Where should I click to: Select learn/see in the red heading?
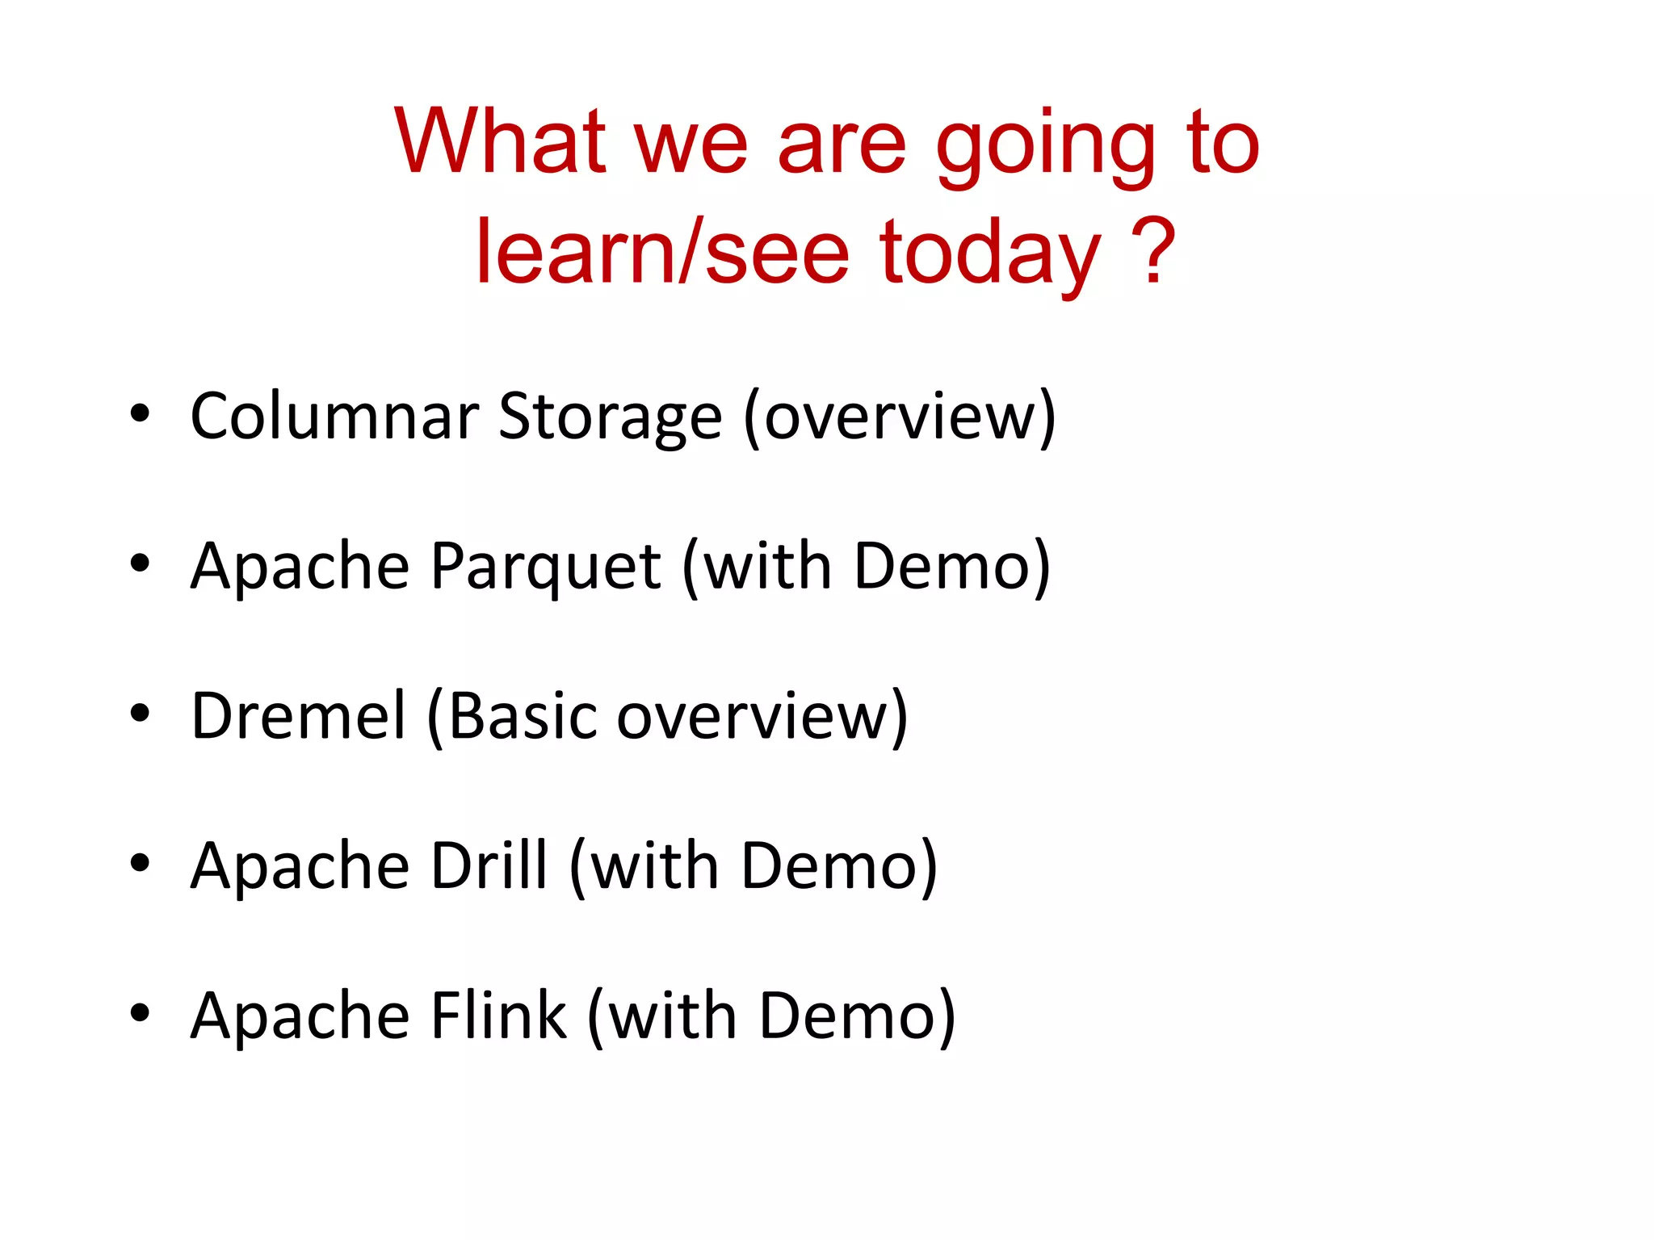point(662,252)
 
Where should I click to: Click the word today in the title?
point(990,255)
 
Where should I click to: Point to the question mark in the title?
point(1152,252)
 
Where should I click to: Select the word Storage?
point(610,418)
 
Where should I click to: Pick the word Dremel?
point(298,716)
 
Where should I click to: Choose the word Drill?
point(489,866)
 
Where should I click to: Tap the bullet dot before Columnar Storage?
point(140,413)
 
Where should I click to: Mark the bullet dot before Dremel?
point(140,713)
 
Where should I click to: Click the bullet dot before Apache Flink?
point(140,1012)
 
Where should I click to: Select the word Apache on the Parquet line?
point(300,567)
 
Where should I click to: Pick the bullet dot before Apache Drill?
point(140,863)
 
